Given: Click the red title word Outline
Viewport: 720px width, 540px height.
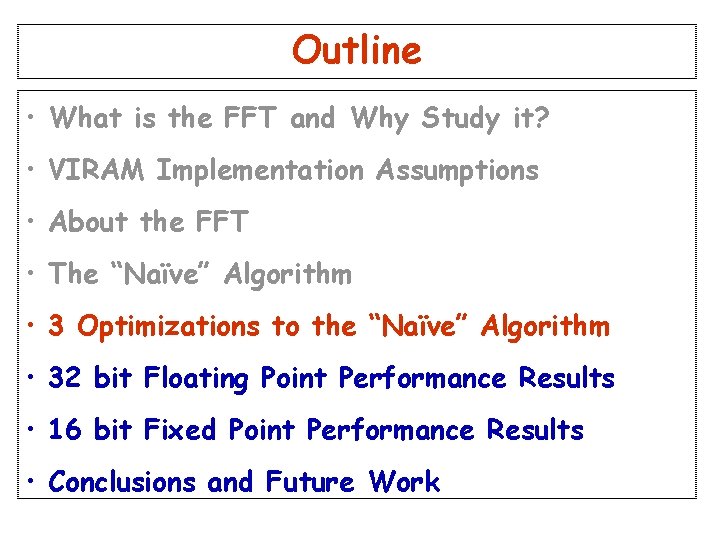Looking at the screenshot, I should [357, 50].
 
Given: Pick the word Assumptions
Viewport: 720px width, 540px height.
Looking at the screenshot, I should [457, 171].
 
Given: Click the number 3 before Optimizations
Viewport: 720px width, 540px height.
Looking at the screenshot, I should [57, 326].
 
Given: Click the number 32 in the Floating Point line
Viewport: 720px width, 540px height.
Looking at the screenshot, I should [65, 378].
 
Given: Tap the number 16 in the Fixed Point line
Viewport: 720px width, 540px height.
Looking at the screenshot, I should [65, 430].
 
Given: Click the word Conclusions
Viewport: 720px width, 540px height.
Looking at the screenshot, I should [122, 482].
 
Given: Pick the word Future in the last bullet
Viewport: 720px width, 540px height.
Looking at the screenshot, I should [310, 482].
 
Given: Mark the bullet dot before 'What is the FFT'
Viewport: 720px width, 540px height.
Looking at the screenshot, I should [33, 120].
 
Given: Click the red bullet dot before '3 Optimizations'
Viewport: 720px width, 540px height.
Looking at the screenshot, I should [33, 327].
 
